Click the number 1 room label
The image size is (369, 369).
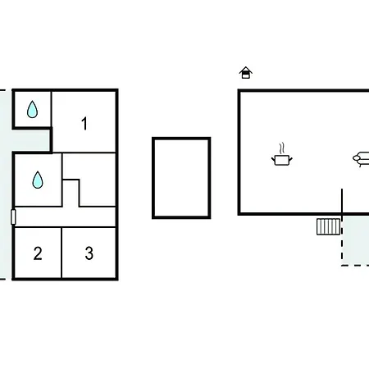tap(84, 124)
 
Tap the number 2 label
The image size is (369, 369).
tap(38, 253)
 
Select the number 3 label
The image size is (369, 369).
tap(89, 253)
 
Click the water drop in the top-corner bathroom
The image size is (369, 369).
tap(32, 109)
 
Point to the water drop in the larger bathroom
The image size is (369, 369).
tap(38, 180)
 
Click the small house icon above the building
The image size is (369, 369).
tap(246, 73)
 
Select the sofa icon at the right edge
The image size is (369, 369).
tap(361, 159)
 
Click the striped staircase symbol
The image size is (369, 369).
tap(328, 226)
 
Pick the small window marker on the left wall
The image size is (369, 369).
tap(13, 217)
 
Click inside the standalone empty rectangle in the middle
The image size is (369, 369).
tap(181, 178)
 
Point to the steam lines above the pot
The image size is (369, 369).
tap(282, 148)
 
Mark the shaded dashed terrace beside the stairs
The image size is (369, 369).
tap(355, 240)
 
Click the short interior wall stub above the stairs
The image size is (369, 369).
tap(342, 200)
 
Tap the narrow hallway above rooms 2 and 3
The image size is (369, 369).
tap(65, 217)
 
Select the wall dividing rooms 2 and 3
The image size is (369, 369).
tap(61, 253)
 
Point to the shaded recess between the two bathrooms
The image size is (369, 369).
tap(30, 139)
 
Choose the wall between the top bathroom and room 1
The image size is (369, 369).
tap(51, 109)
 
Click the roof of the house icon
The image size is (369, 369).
tap(246, 69)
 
